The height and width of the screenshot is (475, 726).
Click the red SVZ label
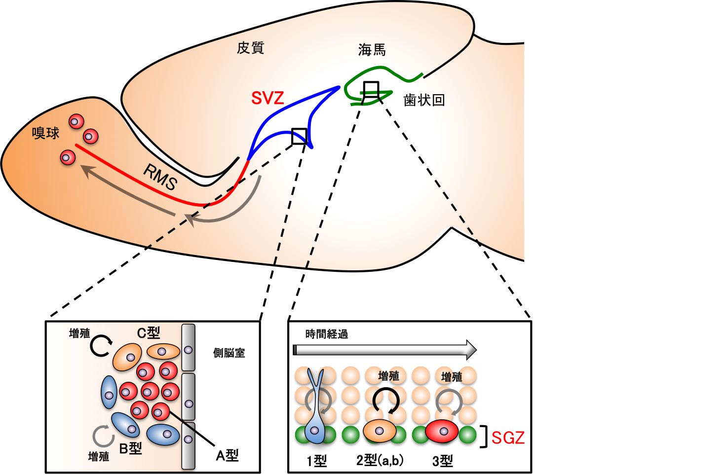click(267, 98)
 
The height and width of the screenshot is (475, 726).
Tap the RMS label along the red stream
click(160, 177)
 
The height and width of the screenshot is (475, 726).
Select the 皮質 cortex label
click(251, 48)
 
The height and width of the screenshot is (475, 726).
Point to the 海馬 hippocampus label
click(372, 50)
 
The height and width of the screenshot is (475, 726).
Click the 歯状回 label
click(424, 100)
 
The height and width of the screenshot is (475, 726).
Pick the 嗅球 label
click(46, 133)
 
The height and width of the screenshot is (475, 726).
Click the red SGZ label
click(508, 438)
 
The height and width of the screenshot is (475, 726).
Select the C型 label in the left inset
click(149, 333)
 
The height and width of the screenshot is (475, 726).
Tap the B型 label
click(131, 448)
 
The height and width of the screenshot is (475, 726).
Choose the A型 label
click(227, 455)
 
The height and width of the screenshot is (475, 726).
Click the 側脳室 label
click(229, 353)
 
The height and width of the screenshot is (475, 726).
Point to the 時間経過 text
click(327, 334)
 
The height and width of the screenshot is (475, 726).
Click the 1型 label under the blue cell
click(317, 461)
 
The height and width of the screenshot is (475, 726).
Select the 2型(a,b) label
click(380, 460)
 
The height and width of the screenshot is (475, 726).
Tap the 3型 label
click(443, 461)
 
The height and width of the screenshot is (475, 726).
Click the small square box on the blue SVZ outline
click(299, 136)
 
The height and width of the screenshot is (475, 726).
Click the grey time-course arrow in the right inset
click(385, 350)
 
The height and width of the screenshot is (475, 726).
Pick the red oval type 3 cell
click(442, 432)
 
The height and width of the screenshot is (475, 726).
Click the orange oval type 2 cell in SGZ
click(380, 431)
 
